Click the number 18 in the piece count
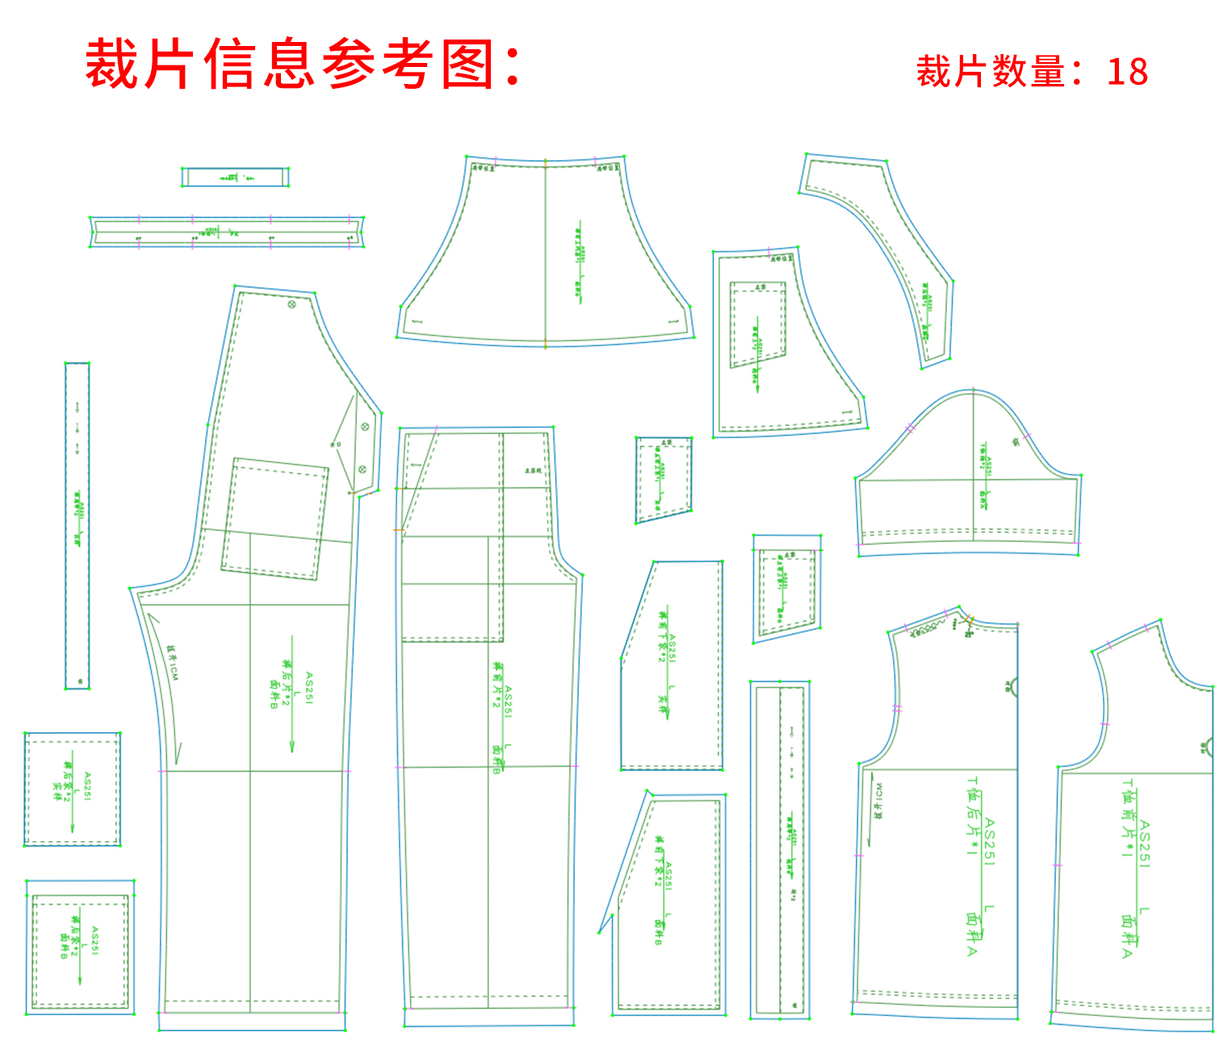tap(1127, 73)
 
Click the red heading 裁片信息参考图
tap(303, 65)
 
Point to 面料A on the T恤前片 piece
tap(1128, 936)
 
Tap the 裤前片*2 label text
tap(498, 686)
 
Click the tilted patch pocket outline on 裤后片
tap(275, 519)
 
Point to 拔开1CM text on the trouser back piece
tap(172, 663)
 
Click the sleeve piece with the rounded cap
tap(969, 476)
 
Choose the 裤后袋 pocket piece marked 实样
tap(73, 788)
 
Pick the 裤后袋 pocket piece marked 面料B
tap(79, 946)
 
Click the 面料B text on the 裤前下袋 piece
tap(659, 931)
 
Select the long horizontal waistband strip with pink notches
tap(227, 232)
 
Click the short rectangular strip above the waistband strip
tap(235, 177)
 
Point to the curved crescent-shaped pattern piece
tap(896, 250)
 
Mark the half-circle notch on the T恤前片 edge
tap(1207, 747)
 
